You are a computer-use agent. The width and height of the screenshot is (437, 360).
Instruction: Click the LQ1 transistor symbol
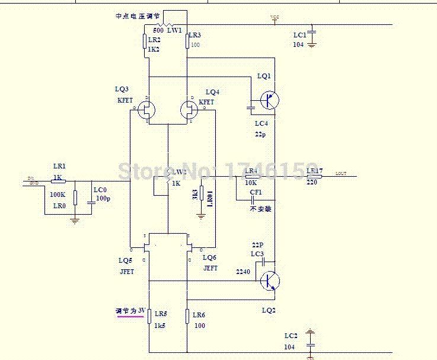[x=269, y=100]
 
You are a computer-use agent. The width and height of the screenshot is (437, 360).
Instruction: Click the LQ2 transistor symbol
[x=270, y=281]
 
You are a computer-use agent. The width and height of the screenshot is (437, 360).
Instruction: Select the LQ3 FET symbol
[x=148, y=109]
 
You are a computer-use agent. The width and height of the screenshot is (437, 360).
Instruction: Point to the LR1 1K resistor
[x=58, y=181]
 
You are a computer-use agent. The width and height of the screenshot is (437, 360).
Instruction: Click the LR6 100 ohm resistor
[x=187, y=317]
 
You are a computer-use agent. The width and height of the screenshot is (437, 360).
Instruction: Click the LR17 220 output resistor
[x=315, y=177]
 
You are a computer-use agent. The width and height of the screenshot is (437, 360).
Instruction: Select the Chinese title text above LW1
[x=138, y=17]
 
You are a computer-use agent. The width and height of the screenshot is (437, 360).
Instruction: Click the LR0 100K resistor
[x=75, y=198]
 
